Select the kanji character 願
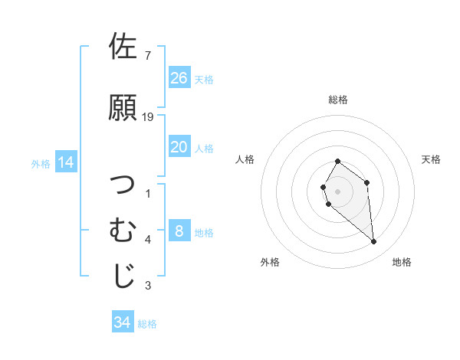(123, 107)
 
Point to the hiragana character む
(123, 230)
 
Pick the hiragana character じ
(123, 277)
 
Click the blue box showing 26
(179, 77)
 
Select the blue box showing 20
(179, 147)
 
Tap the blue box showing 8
(179, 231)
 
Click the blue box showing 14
(65, 162)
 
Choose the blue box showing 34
(123, 322)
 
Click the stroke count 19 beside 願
(148, 117)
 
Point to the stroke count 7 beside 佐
(148, 56)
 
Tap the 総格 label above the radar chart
(338, 100)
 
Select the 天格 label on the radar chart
(431, 159)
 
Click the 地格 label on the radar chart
(402, 262)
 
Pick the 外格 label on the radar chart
(270, 262)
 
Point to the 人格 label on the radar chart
(245, 159)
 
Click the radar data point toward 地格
(373, 242)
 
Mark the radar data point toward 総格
(338, 162)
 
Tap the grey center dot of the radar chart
(338, 191)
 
